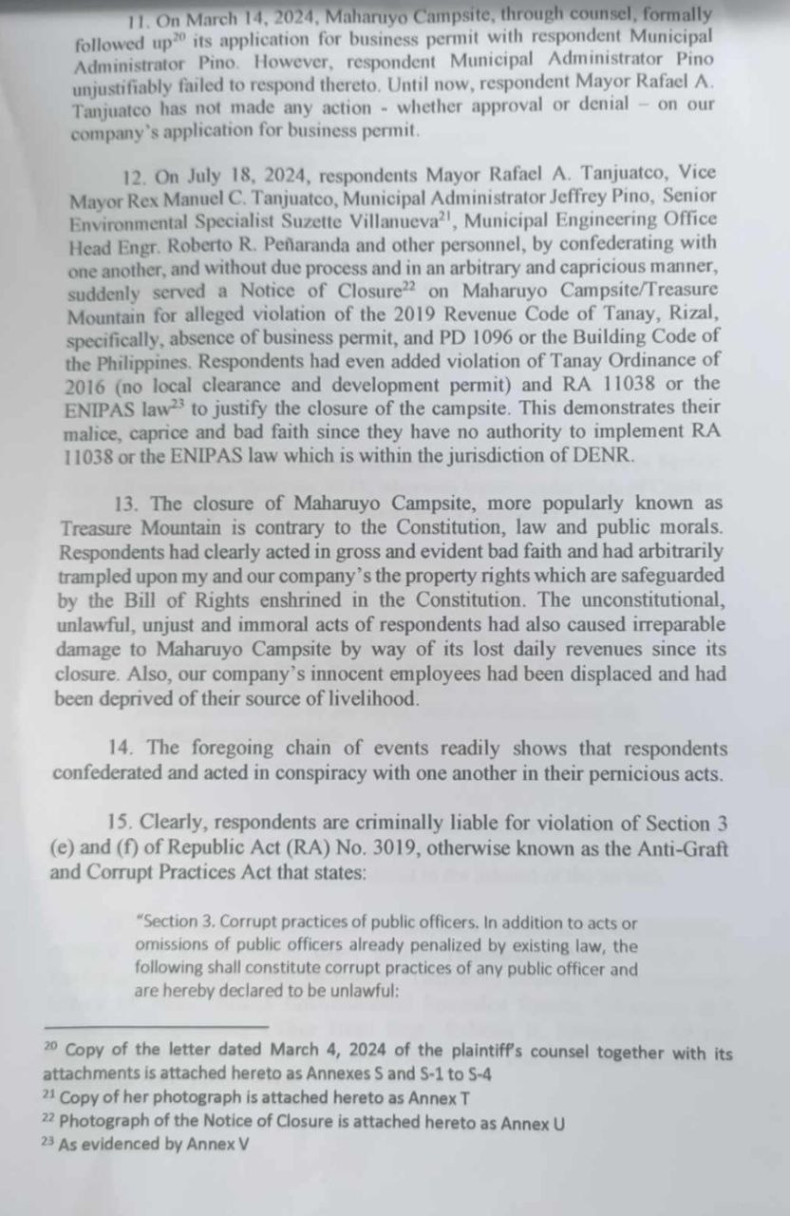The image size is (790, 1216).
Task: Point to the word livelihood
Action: point(397,698)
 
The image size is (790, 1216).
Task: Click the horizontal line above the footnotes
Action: point(157,1026)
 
